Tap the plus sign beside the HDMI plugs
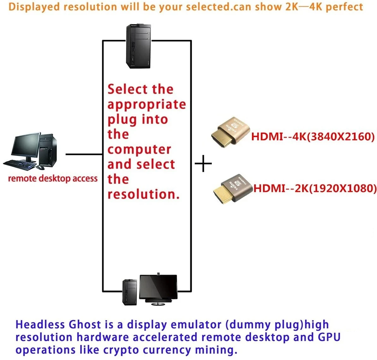pyautogui.click(x=203, y=164)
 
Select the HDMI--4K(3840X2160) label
pyautogui.click(x=313, y=136)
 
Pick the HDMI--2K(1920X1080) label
pyautogui.click(x=315, y=188)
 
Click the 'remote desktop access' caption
pyautogui.click(x=53, y=178)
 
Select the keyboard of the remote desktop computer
pyautogui.click(x=20, y=164)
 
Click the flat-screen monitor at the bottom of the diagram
pyautogui.click(x=158, y=288)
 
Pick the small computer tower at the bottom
pyautogui.click(x=130, y=292)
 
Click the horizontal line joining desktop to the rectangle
pyautogui.click(x=84, y=154)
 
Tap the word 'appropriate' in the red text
pyautogui.click(x=147, y=105)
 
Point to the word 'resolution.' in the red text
pyautogui.click(x=143, y=194)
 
